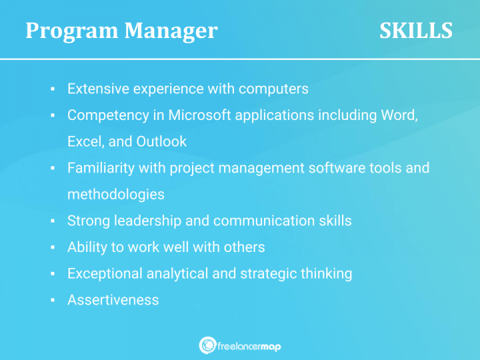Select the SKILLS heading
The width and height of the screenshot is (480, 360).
pos(416,31)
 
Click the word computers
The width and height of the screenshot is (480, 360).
pos(273,89)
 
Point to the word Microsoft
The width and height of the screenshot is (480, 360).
pos(199,115)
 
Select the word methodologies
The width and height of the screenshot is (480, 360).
pos(115,194)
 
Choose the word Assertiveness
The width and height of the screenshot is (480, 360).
pos(113,300)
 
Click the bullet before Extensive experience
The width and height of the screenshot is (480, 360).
pos(52,89)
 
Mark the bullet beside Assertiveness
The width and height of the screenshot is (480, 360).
pos(52,300)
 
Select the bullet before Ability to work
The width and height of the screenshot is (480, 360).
pos(52,247)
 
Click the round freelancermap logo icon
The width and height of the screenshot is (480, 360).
pos(207,345)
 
